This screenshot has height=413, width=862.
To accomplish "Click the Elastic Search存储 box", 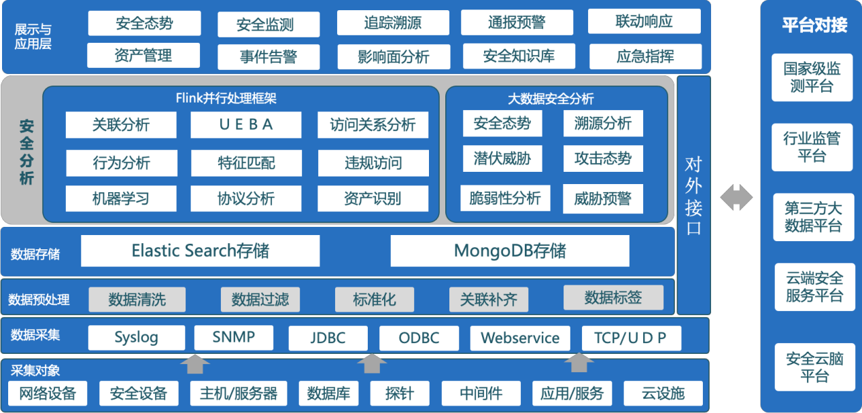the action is (x=200, y=251).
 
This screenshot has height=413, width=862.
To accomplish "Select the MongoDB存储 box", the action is (x=510, y=251).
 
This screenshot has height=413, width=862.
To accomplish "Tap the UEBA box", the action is (x=246, y=124).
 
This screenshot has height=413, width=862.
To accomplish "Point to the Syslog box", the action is (x=136, y=338).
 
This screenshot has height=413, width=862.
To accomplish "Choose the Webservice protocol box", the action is (x=520, y=338).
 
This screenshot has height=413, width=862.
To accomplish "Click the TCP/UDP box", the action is (x=631, y=338).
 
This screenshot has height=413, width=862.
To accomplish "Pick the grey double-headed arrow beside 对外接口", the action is (x=736, y=197).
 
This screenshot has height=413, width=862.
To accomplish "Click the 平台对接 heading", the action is (x=814, y=25).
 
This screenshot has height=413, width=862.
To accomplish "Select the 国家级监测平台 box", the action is (x=812, y=77).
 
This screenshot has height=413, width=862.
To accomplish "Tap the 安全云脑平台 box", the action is (x=814, y=367).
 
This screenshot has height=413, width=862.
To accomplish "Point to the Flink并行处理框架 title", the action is (x=226, y=98).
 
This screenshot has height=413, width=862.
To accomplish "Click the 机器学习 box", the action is (x=121, y=198).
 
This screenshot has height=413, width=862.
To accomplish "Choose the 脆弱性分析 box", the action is (x=505, y=198).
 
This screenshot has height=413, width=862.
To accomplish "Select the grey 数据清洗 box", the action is (x=137, y=299).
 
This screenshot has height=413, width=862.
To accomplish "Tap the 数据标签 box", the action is (x=613, y=298).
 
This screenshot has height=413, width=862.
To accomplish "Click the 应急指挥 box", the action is (x=645, y=56).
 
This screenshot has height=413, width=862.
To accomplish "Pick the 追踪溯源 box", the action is (x=393, y=22).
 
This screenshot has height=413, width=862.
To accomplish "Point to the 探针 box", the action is (x=400, y=393).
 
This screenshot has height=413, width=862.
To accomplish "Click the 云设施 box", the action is (x=663, y=393).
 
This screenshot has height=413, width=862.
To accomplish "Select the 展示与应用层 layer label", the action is (x=33, y=37).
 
